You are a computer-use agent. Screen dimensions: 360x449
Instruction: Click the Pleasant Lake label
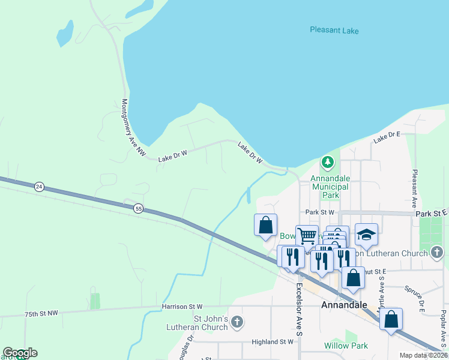[335, 29]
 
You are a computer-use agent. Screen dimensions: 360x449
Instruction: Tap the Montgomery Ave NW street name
[133, 128]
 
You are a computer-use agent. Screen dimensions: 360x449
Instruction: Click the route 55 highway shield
[139, 208]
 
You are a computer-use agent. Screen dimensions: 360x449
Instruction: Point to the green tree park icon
[328, 162]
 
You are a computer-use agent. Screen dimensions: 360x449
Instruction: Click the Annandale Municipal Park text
[330, 187]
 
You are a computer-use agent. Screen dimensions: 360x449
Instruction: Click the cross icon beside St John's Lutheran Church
[237, 323]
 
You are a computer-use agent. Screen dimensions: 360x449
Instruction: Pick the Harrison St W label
[182, 307]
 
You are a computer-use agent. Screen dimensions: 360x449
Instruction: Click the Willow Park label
[345, 346]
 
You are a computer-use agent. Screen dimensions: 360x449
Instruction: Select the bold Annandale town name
[345, 305]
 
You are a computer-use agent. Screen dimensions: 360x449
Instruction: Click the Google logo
[20, 353]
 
